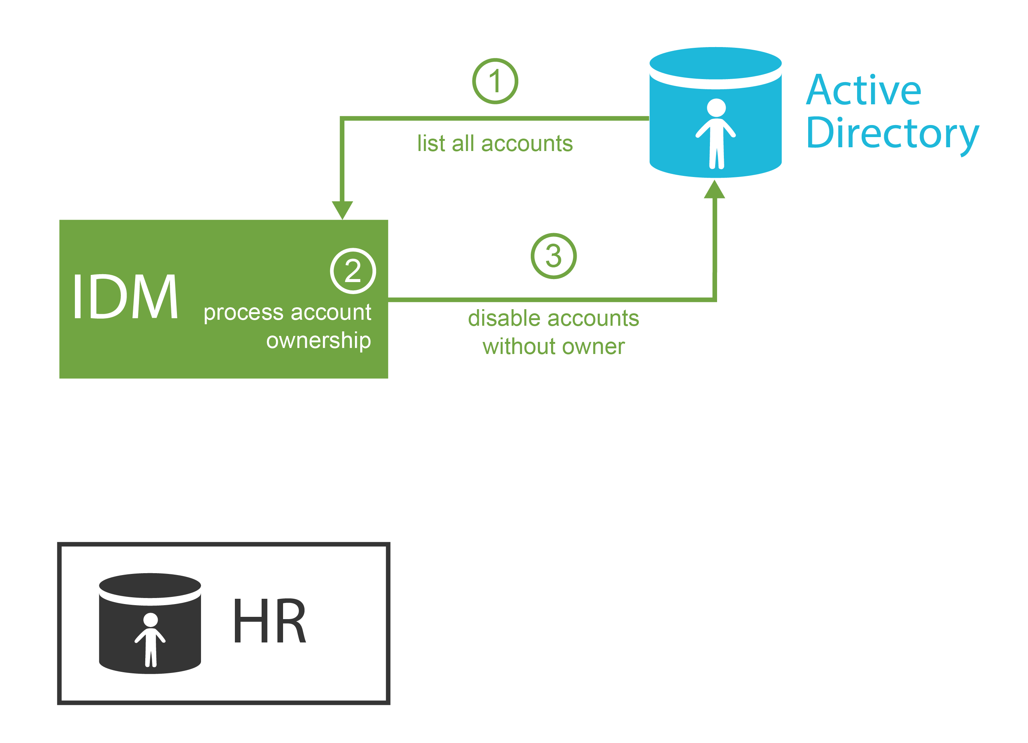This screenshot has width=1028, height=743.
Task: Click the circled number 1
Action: (x=495, y=81)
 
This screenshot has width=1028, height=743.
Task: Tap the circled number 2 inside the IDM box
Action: (x=353, y=271)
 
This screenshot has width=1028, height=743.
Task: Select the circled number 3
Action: (x=553, y=256)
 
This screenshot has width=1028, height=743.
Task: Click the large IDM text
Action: (x=125, y=296)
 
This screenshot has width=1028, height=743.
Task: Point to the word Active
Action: (x=863, y=90)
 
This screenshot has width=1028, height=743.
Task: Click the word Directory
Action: (x=892, y=133)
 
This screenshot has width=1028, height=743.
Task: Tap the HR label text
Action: (x=269, y=621)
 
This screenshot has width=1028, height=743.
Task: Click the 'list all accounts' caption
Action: (x=495, y=144)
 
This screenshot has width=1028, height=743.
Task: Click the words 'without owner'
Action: (x=553, y=347)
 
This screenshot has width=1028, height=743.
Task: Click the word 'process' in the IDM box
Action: (x=244, y=313)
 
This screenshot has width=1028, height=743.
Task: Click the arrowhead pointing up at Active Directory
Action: (x=714, y=189)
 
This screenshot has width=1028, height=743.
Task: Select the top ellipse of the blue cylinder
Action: (x=715, y=63)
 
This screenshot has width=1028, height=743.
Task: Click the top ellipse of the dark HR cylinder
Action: (x=150, y=585)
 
